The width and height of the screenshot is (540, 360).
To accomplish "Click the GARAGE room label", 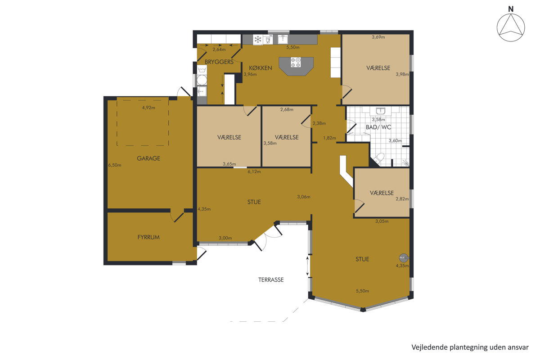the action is point(148,158).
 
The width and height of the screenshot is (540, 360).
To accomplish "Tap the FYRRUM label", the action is point(148,237).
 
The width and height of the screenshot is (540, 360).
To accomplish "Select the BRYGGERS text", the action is point(219,62).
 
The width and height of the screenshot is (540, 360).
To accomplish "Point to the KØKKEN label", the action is point(261,68).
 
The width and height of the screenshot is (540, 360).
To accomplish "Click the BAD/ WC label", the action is point(378,127).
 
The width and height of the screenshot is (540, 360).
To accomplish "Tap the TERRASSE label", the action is point(271,280).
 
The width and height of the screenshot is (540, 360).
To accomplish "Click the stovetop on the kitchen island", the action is point(296,62).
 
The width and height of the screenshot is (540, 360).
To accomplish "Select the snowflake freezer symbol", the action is point(258,40).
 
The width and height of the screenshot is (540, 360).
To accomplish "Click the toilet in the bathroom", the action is point(379,158).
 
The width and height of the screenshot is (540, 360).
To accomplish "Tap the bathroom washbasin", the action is point(380,111).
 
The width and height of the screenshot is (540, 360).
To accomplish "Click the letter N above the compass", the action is point(511,9).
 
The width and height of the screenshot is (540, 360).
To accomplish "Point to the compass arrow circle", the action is point(511,27).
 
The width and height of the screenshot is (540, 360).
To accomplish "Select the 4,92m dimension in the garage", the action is point(148,108).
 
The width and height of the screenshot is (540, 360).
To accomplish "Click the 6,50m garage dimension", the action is point(114,165).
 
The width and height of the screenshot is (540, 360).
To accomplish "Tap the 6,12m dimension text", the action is point(254,172).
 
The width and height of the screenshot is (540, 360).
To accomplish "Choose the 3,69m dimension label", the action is point(378,37).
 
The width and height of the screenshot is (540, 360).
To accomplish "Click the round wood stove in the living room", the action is point(403,258).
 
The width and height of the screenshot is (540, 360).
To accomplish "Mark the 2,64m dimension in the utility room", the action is point(219,49).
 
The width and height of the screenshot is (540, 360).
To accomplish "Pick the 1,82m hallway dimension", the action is point(329,138).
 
